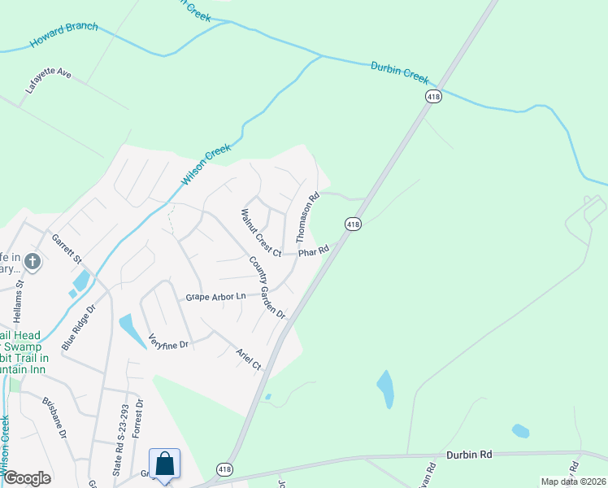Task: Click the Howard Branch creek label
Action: click(x=63, y=35)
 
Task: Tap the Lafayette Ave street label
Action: click(x=49, y=84)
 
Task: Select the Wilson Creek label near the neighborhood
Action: click(x=206, y=165)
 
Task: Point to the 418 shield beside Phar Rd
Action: click(x=352, y=224)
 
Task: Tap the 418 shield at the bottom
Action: click(x=225, y=469)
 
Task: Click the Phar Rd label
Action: click(x=312, y=252)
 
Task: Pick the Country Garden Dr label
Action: click(x=267, y=287)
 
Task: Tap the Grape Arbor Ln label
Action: click(x=215, y=297)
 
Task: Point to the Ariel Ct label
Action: click(x=249, y=359)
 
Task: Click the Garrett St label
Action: click(x=67, y=250)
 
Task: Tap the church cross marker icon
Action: click(x=33, y=261)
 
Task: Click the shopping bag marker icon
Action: click(x=165, y=465)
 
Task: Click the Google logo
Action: click(x=27, y=478)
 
